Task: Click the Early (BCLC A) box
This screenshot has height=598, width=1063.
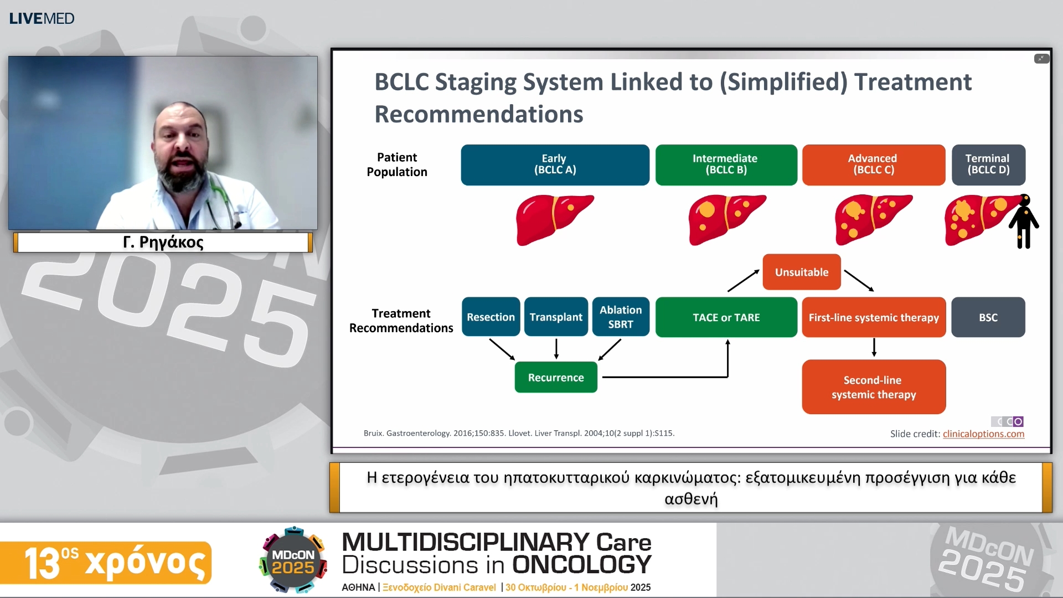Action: pos(555,164)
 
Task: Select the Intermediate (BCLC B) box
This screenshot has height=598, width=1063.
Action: pos(726,164)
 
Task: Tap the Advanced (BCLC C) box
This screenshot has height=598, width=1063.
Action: pos(873,164)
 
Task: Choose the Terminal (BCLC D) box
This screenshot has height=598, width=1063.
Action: pos(988,164)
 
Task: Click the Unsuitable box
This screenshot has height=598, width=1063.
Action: pos(801,272)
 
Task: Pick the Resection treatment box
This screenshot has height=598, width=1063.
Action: pos(491,317)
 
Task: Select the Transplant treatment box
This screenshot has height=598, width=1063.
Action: pos(556,317)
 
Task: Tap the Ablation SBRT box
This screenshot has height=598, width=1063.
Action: pos(620,317)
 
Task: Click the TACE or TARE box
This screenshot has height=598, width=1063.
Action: pos(726,317)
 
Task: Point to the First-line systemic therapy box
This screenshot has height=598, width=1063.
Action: pos(873,317)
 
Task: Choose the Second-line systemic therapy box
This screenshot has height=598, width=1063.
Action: pos(873,387)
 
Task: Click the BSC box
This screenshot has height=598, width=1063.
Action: pos(988,317)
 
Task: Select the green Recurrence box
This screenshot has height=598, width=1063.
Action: pos(556,377)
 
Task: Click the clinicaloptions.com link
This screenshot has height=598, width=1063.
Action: pos(983,434)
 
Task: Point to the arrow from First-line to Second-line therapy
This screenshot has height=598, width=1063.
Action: pos(874,348)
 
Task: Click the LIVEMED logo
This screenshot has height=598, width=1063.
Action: pos(42,18)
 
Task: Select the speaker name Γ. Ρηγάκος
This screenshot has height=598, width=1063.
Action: pos(163,242)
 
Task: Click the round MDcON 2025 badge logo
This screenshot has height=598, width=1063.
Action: pos(293,560)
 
